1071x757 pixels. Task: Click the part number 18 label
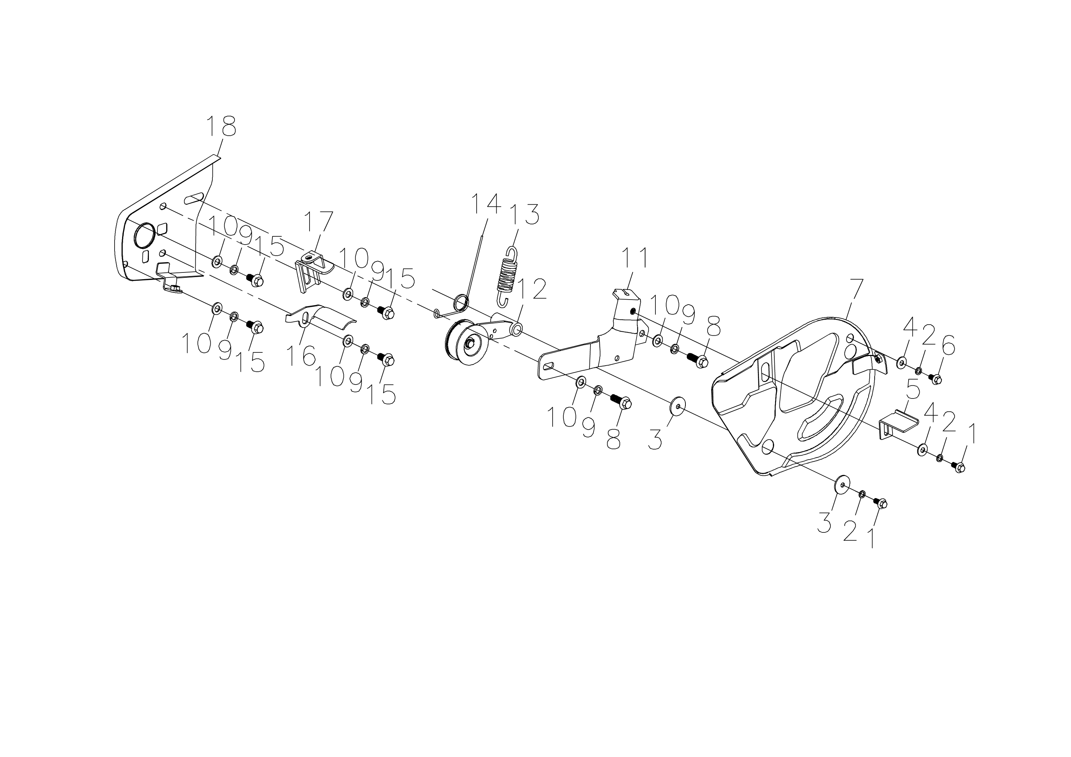pos(221,126)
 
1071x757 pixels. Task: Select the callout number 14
pos(486,204)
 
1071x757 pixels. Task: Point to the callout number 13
pos(525,215)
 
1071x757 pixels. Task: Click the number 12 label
pos(532,290)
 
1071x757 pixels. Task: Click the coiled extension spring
pos(507,277)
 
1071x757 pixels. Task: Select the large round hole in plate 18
pos(145,236)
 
